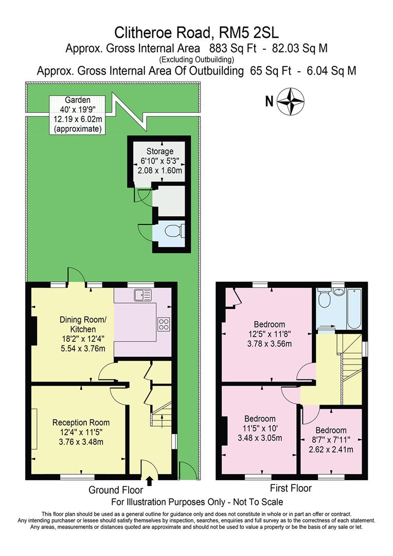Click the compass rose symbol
coord(290,101)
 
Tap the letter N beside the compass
coord(270,102)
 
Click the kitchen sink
coord(143,295)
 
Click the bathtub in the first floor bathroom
coord(354,309)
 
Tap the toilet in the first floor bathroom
coord(324,299)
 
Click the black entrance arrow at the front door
coord(149,481)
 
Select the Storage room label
coord(160,151)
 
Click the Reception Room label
coord(81,422)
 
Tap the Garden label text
coord(77,100)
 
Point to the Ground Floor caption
coord(116,490)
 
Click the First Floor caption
coord(291,488)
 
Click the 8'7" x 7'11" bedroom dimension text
coord(331,440)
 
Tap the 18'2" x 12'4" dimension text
coord(83,339)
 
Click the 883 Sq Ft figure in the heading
coord(233,48)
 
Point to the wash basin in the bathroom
coord(339,291)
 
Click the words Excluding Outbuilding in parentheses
coord(196,59)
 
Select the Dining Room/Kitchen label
coord(83,324)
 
